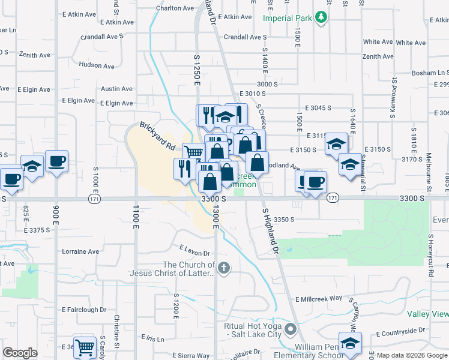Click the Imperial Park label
pos(287,18)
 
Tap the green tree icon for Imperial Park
pos(322,17)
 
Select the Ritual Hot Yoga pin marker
pos(291,329)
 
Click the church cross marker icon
pos(224,268)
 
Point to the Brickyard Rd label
pos(157,136)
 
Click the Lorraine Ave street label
pos(80,251)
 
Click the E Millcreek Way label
pos(318,298)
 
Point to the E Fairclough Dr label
pos(84,310)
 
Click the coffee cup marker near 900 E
pos(56,161)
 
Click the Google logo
pos(20,353)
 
